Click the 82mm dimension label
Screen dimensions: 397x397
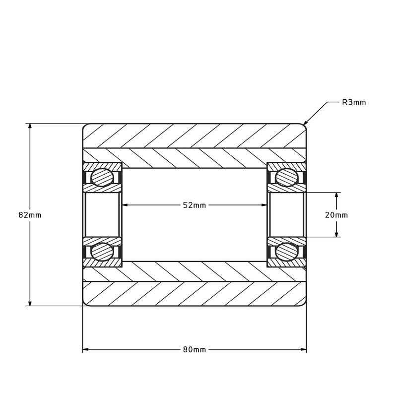pyautogui.click(x=30, y=215)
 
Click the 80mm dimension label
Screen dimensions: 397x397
pyautogui.click(x=194, y=349)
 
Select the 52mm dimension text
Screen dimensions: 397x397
pyautogui.click(x=194, y=205)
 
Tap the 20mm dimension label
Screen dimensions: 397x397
pyautogui.click(x=336, y=215)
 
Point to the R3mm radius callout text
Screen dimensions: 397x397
pyautogui.click(x=354, y=102)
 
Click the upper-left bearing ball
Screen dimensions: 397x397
pyautogui.click(x=102, y=178)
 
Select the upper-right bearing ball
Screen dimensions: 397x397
pyautogui.click(x=286, y=178)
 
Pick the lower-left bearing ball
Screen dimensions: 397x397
pyautogui.click(x=102, y=252)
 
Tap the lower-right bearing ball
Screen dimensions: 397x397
pyautogui.click(x=286, y=252)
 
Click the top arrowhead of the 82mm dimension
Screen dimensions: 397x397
pyautogui.click(x=30, y=127)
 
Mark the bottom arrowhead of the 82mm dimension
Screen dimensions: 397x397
pyautogui.click(x=30, y=303)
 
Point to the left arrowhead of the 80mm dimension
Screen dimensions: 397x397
pyautogui.click(x=86, y=349)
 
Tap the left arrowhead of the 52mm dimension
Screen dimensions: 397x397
pyautogui.click(x=125, y=205)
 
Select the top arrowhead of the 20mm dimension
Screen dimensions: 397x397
pyautogui.click(x=336, y=196)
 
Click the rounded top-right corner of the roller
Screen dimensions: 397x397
pyautogui.click(x=304, y=126)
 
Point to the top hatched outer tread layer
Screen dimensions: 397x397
pyautogui.click(x=194, y=135)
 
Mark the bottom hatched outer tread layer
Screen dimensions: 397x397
pyautogui.click(x=194, y=293)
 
